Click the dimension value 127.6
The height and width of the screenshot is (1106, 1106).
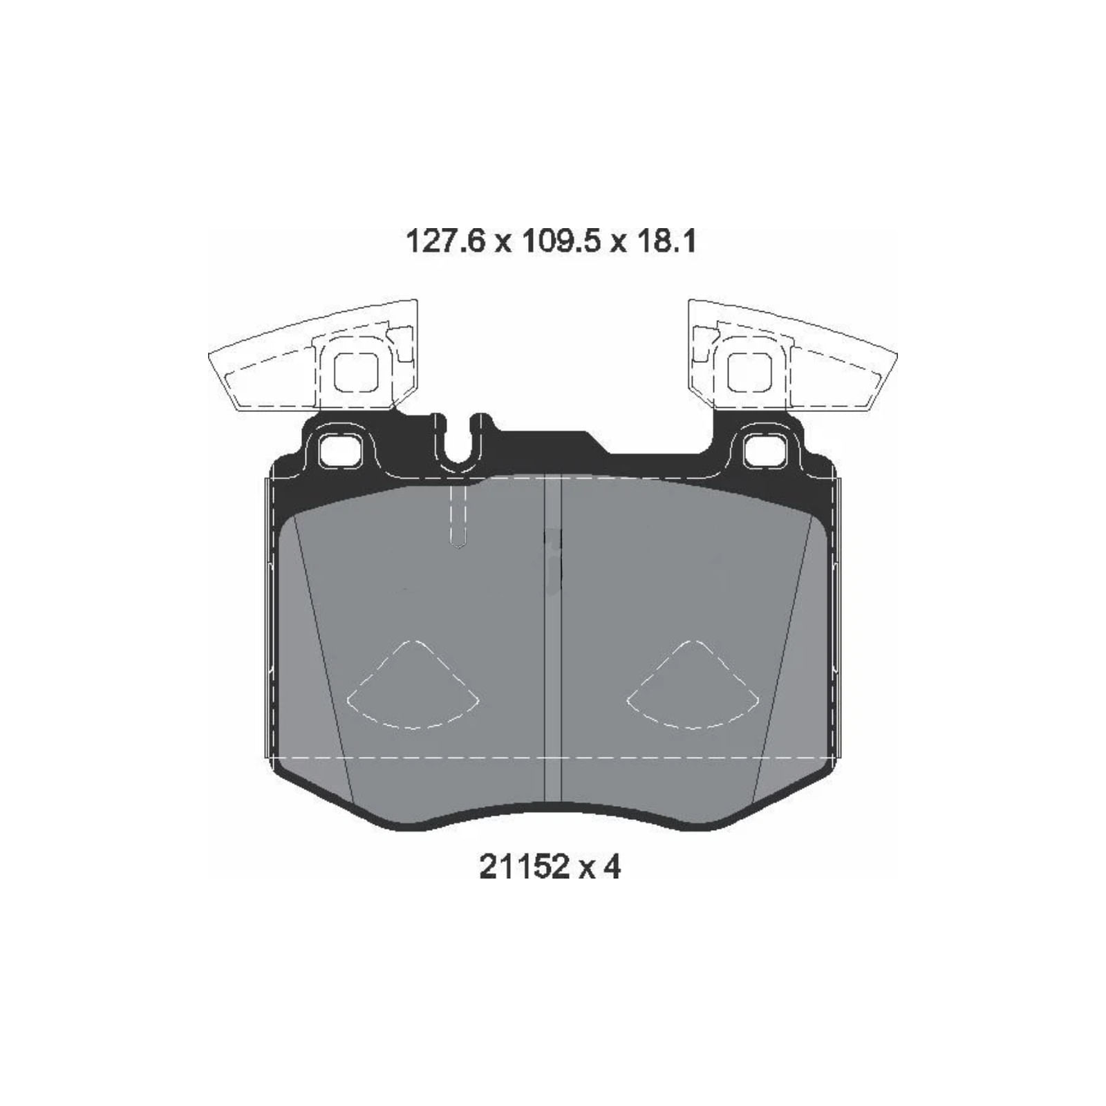pyautogui.click(x=445, y=242)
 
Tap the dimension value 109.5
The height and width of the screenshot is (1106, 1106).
pyautogui.click(x=560, y=242)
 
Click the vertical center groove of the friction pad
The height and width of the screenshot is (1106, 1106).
pyautogui.click(x=553, y=643)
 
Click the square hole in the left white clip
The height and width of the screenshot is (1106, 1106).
pyautogui.click(x=356, y=372)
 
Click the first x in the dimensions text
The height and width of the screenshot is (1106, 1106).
pyautogui.click(x=503, y=243)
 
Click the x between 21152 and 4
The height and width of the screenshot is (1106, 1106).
pyautogui.click(x=586, y=868)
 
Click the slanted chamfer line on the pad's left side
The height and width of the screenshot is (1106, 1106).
pyautogui.click(x=323, y=657)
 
